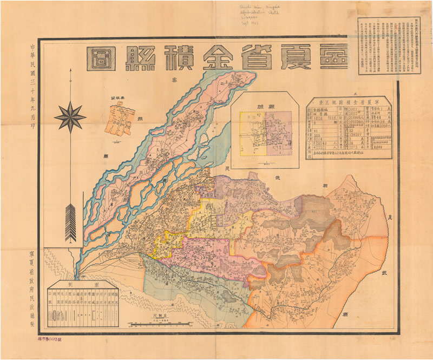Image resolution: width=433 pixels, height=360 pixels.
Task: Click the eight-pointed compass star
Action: tap(70, 116)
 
